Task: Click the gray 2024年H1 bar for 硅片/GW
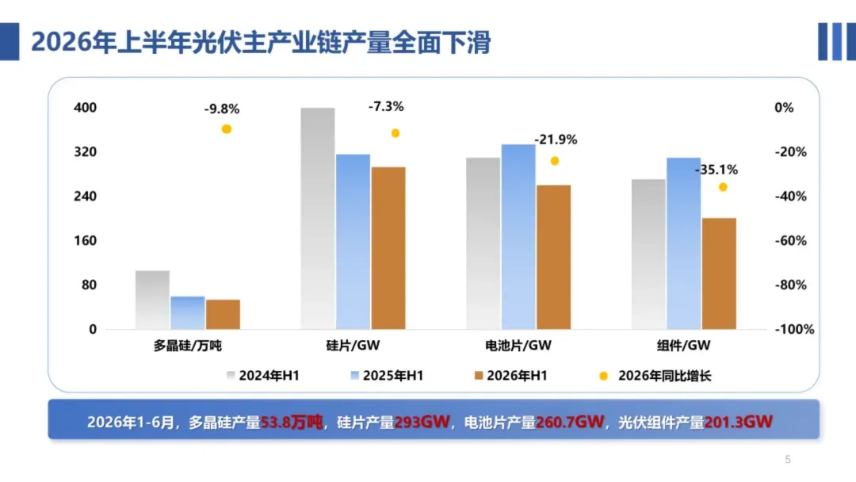(318, 218)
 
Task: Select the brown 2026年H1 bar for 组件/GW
(719, 274)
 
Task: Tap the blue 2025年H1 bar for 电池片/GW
(518, 237)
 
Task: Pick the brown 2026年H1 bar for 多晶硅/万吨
(224, 315)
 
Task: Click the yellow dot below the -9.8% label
(227, 129)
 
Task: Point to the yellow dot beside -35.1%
(723, 187)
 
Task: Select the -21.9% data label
(555, 140)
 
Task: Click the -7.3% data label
(386, 106)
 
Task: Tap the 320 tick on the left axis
(85, 151)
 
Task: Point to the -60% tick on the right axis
(790, 241)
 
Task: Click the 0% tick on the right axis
(784, 108)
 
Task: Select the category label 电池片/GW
(518, 346)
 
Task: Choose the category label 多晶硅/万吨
(187, 346)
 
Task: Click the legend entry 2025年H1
(387, 376)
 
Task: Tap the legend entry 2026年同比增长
(655, 376)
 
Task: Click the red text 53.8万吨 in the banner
(292, 422)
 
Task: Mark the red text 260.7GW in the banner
(569, 422)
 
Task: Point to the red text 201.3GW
(738, 422)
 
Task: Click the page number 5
(788, 460)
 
